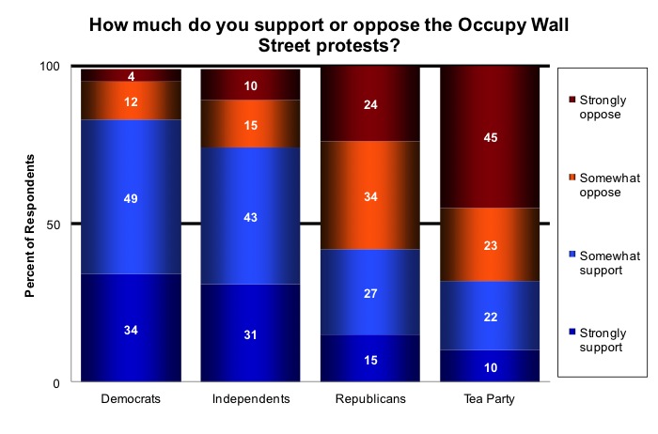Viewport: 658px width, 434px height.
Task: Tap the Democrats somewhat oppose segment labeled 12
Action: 131,100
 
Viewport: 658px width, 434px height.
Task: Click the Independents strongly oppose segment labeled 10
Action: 250,85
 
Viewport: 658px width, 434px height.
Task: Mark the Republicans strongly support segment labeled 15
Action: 369,359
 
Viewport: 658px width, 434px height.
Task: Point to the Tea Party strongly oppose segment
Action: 489,137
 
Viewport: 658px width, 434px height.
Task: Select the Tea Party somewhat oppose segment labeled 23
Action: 489,244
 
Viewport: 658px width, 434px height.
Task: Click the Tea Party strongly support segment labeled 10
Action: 489,365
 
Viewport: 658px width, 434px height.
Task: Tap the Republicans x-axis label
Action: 369,398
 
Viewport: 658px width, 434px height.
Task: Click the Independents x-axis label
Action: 250,398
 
